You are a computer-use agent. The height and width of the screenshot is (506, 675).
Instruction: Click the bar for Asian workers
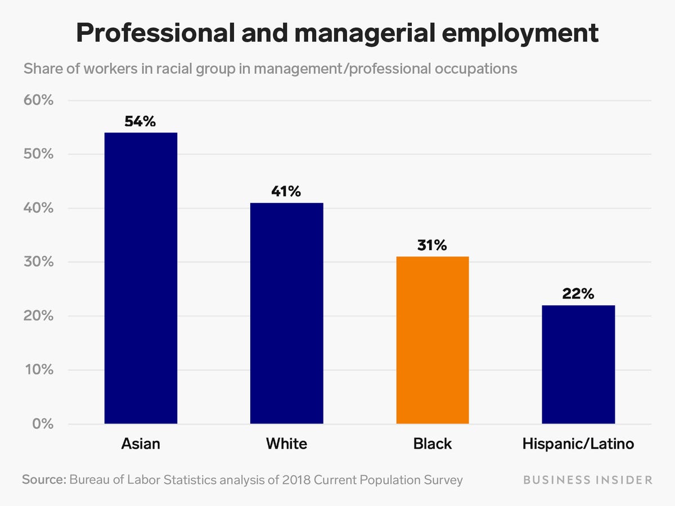pos(141,278)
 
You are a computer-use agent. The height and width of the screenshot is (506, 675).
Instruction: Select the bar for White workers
pos(286,313)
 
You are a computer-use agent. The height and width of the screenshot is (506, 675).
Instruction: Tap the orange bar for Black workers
pos(433,340)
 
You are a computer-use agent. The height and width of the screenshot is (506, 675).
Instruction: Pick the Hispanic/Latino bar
pos(578,364)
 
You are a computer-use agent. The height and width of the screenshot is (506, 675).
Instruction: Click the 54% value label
pos(140,121)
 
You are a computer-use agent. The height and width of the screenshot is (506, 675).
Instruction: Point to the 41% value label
pos(286,191)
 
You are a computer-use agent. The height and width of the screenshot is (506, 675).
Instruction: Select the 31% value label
pos(432,245)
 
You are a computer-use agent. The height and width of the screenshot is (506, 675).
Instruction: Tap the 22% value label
pos(578,293)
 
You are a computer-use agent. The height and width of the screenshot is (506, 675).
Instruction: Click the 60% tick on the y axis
pos(38,101)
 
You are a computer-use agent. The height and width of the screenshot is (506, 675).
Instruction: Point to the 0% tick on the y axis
pos(42,424)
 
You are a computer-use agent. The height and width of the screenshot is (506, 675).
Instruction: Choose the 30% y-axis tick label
pos(38,263)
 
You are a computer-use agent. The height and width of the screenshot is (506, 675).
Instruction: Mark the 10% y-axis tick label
pos(38,371)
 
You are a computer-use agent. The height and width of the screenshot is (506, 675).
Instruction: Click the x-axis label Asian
pos(141,444)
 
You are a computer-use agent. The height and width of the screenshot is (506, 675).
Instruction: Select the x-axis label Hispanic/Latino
pos(578,444)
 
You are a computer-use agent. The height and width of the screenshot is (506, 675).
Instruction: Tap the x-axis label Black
pos(433,444)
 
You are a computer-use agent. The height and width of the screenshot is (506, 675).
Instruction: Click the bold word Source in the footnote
pos(43,480)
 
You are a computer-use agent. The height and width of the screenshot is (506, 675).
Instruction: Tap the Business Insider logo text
pos(588,480)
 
